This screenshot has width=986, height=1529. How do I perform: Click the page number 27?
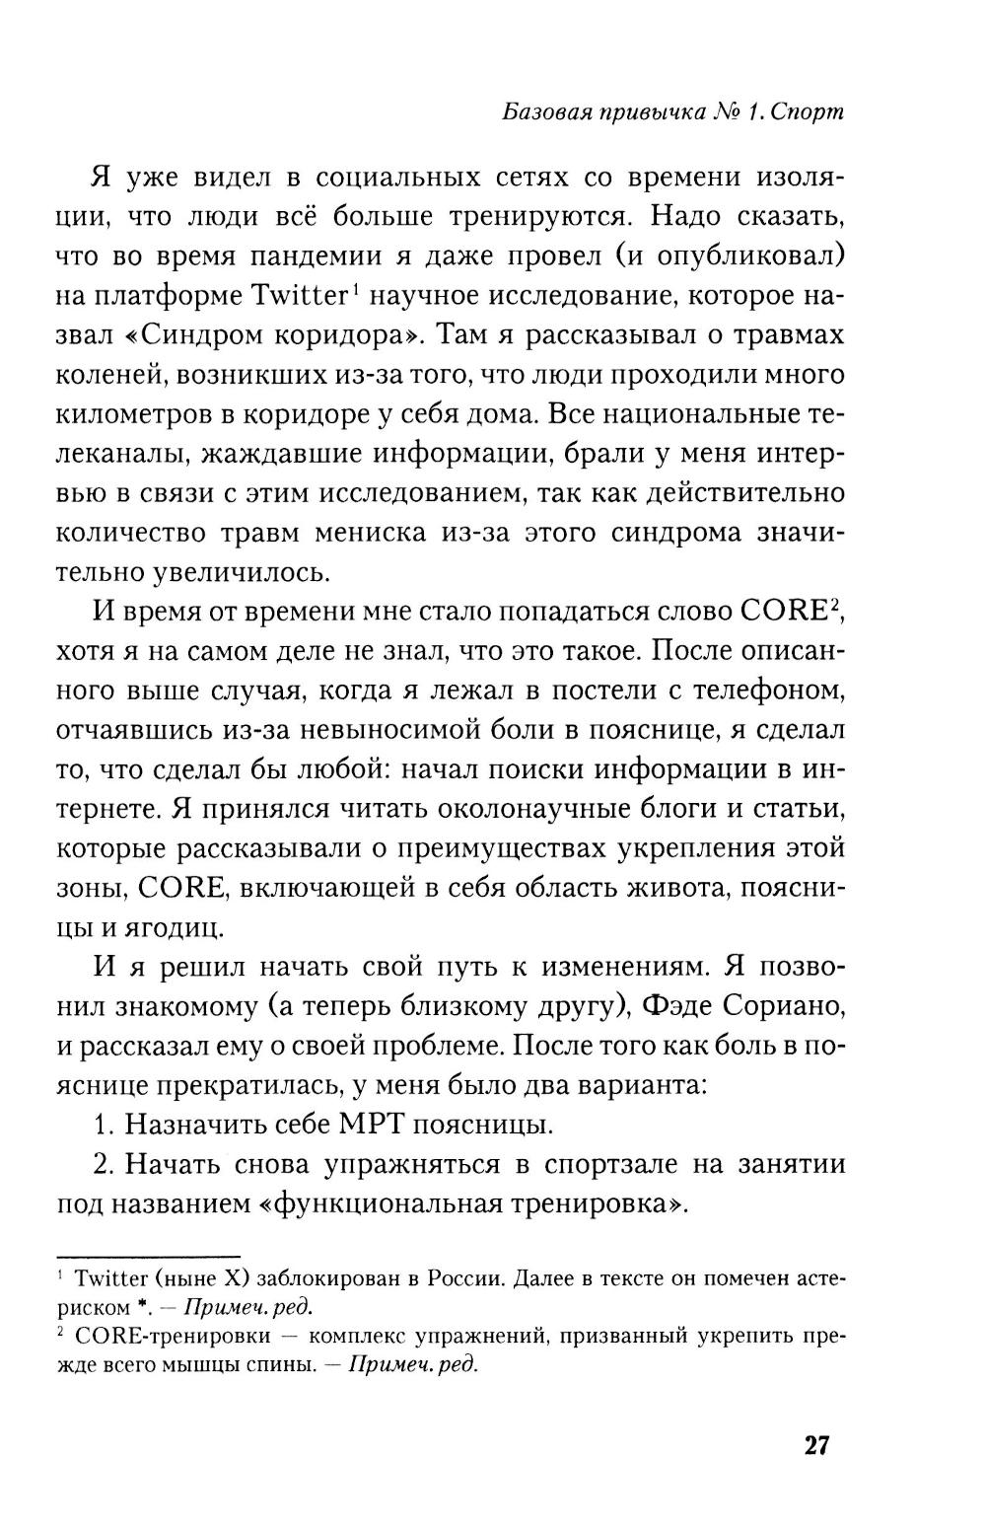817,1446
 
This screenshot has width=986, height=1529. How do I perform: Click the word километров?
139,414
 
